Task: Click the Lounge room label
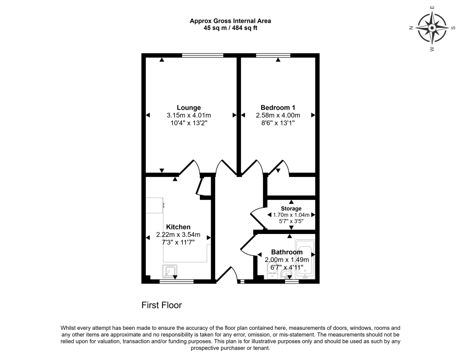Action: (189, 108)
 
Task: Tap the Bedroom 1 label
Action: (278, 108)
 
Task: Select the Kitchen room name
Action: (178, 227)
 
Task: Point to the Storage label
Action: (291, 209)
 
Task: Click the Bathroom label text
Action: (287, 252)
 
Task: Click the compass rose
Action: (432, 28)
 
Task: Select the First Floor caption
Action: (162, 305)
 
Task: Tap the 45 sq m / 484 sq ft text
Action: (230, 28)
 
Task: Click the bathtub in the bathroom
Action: (305, 260)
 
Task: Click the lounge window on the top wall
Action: (200, 55)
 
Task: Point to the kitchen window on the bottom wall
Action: (176, 282)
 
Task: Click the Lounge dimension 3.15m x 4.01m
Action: (189, 115)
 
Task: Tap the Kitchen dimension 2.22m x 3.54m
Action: (178, 235)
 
